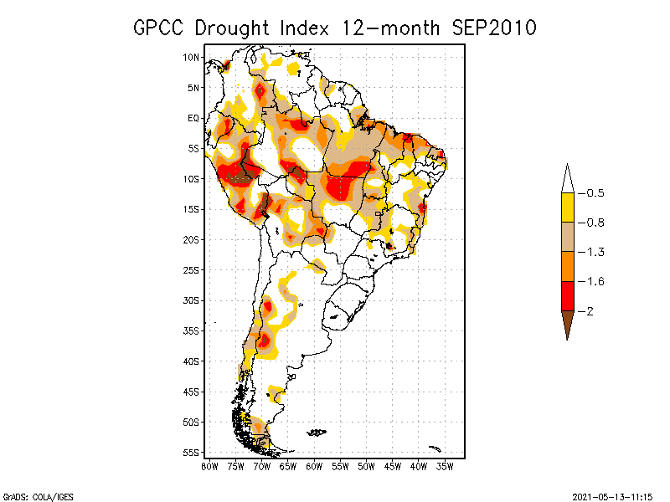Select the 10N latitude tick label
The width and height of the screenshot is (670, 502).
pyautogui.click(x=192, y=57)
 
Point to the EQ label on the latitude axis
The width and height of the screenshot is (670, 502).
pyautogui.click(x=193, y=118)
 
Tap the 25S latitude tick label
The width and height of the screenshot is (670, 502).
pyautogui.click(x=192, y=269)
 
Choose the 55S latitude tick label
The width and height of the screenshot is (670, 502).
pyautogui.click(x=192, y=452)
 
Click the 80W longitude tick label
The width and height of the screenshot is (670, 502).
pyautogui.click(x=209, y=466)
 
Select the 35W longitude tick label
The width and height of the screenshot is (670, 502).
pyautogui.click(x=445, y=466)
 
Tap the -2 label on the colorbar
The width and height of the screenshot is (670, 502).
pyautogui.click(x=588, y=311)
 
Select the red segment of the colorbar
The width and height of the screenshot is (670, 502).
pyautogui.click(x=567, y=296)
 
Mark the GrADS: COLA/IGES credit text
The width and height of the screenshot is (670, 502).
pyautogui.click(x=31, y=494)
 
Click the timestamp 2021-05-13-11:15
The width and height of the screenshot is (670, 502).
pyautogui.click(x=612, y=494)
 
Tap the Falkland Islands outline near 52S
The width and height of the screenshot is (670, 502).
pyautogui.click(x=317, y=432)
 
